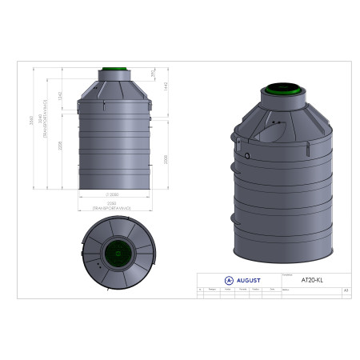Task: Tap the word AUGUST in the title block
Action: tap(247, 281)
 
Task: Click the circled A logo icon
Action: tap(230, 281)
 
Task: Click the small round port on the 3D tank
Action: tap(248, 157)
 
